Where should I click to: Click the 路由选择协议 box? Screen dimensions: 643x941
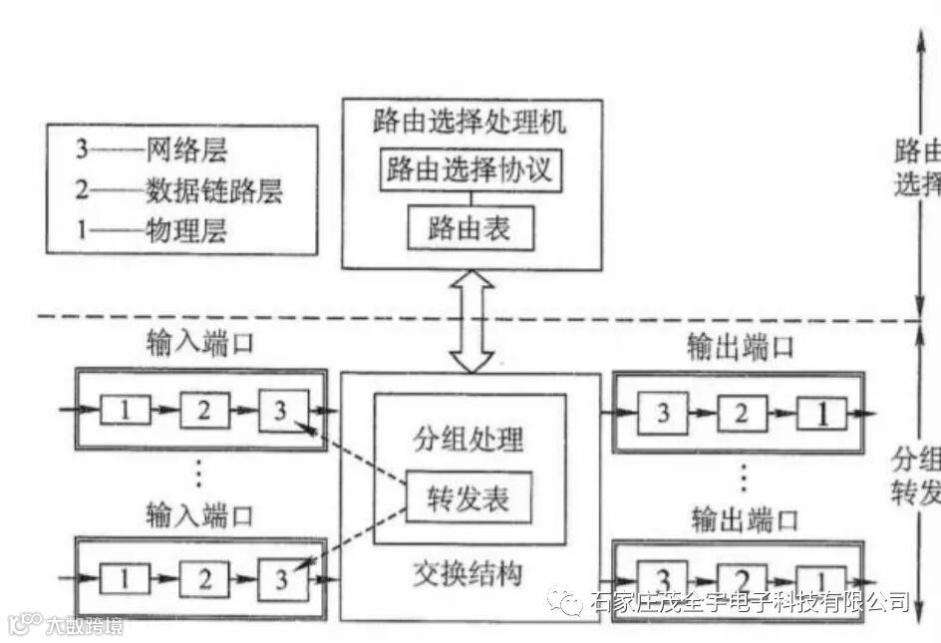(x=471, y=170)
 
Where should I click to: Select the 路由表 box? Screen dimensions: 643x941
(x=470, y=229)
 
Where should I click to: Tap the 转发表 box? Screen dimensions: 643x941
(x=468, y=496)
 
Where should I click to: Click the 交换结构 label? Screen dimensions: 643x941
(x=468, y=575)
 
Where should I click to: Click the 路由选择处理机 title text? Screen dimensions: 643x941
(x=470, y=124)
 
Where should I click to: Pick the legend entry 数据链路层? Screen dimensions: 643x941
(x=213, y=190)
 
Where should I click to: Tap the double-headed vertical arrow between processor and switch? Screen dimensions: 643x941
(x=471, y=322)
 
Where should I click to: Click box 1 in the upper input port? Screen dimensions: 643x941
(x=125, y=410)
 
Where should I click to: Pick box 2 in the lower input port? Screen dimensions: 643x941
(x=203, y=578)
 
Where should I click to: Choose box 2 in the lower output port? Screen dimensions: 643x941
(x=743, y=580)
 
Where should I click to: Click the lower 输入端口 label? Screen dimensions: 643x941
(x=199, y=515)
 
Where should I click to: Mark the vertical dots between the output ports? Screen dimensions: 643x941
(x=743, y=479)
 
